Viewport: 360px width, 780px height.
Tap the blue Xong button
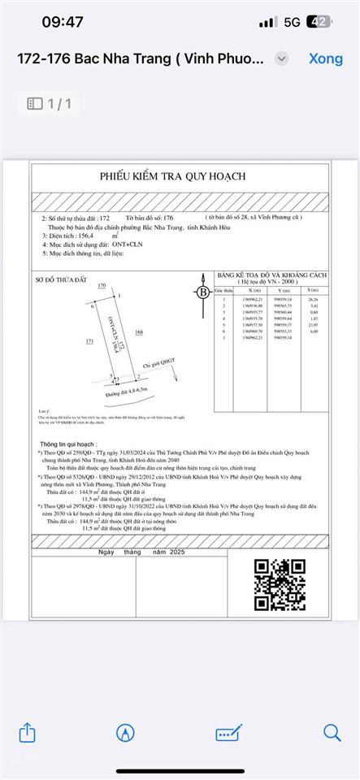point(325,59)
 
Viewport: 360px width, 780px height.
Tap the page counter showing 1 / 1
point(50,103)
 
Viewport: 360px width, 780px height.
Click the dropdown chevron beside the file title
point(281,59)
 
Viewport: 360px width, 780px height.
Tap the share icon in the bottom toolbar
point(27,733)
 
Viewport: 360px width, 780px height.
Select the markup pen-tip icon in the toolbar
point(125,733)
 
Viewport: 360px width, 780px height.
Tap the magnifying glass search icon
point(332,733)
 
